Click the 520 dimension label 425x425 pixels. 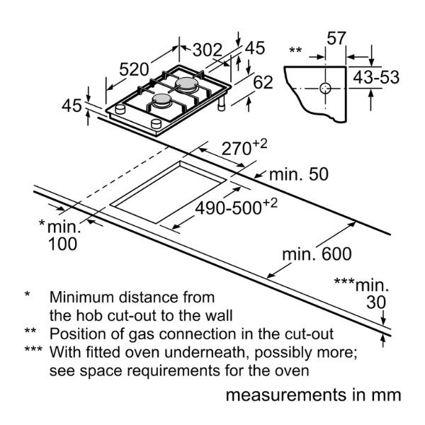(134, 69)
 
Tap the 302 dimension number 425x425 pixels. (208, 50)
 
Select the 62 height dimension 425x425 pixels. (263, 83)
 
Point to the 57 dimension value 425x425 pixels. (336, 38)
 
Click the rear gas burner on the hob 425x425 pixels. (188, 84)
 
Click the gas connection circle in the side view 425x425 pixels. (325, 89)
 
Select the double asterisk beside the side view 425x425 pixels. (295, 50)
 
